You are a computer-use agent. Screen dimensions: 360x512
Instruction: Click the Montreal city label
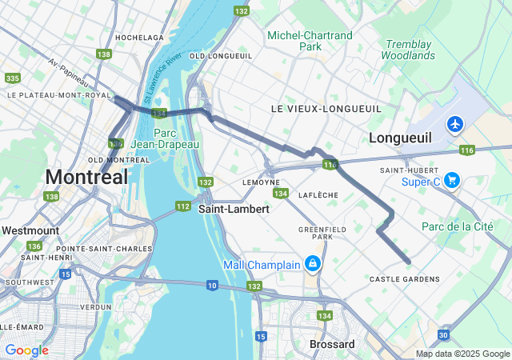coord(86,177)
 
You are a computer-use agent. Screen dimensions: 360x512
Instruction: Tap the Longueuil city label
coord(400,138)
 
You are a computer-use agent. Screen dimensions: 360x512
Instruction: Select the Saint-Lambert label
coord(234,208)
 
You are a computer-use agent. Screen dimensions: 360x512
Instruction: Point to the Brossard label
coord(332,344)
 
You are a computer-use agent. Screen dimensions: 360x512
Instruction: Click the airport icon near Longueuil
coord(455,124)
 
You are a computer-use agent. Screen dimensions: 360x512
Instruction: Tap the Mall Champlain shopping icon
coord(313,263)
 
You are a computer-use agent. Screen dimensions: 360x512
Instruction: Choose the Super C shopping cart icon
coord(452,180)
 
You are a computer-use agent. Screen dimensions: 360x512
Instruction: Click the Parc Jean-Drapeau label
coord(175,138)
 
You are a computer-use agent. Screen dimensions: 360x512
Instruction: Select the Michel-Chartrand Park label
coord(310,41)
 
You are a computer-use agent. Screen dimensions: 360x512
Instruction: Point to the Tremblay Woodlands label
coord(409,50)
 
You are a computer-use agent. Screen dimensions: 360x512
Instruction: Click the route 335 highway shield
coord(11,78)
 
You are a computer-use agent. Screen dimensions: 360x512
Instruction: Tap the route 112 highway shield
coord(182,206)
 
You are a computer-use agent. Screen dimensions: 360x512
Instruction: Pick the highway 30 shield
coord(443,335)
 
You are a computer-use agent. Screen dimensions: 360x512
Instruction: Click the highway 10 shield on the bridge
coord(212,285)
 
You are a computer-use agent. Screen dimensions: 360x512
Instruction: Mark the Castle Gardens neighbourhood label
coord(404,279)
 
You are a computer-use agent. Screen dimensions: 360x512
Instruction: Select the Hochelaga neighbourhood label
coord(139,38)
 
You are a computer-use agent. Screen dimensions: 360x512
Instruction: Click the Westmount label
coord(30,230)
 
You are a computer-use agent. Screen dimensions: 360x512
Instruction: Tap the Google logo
coord(26,350)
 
